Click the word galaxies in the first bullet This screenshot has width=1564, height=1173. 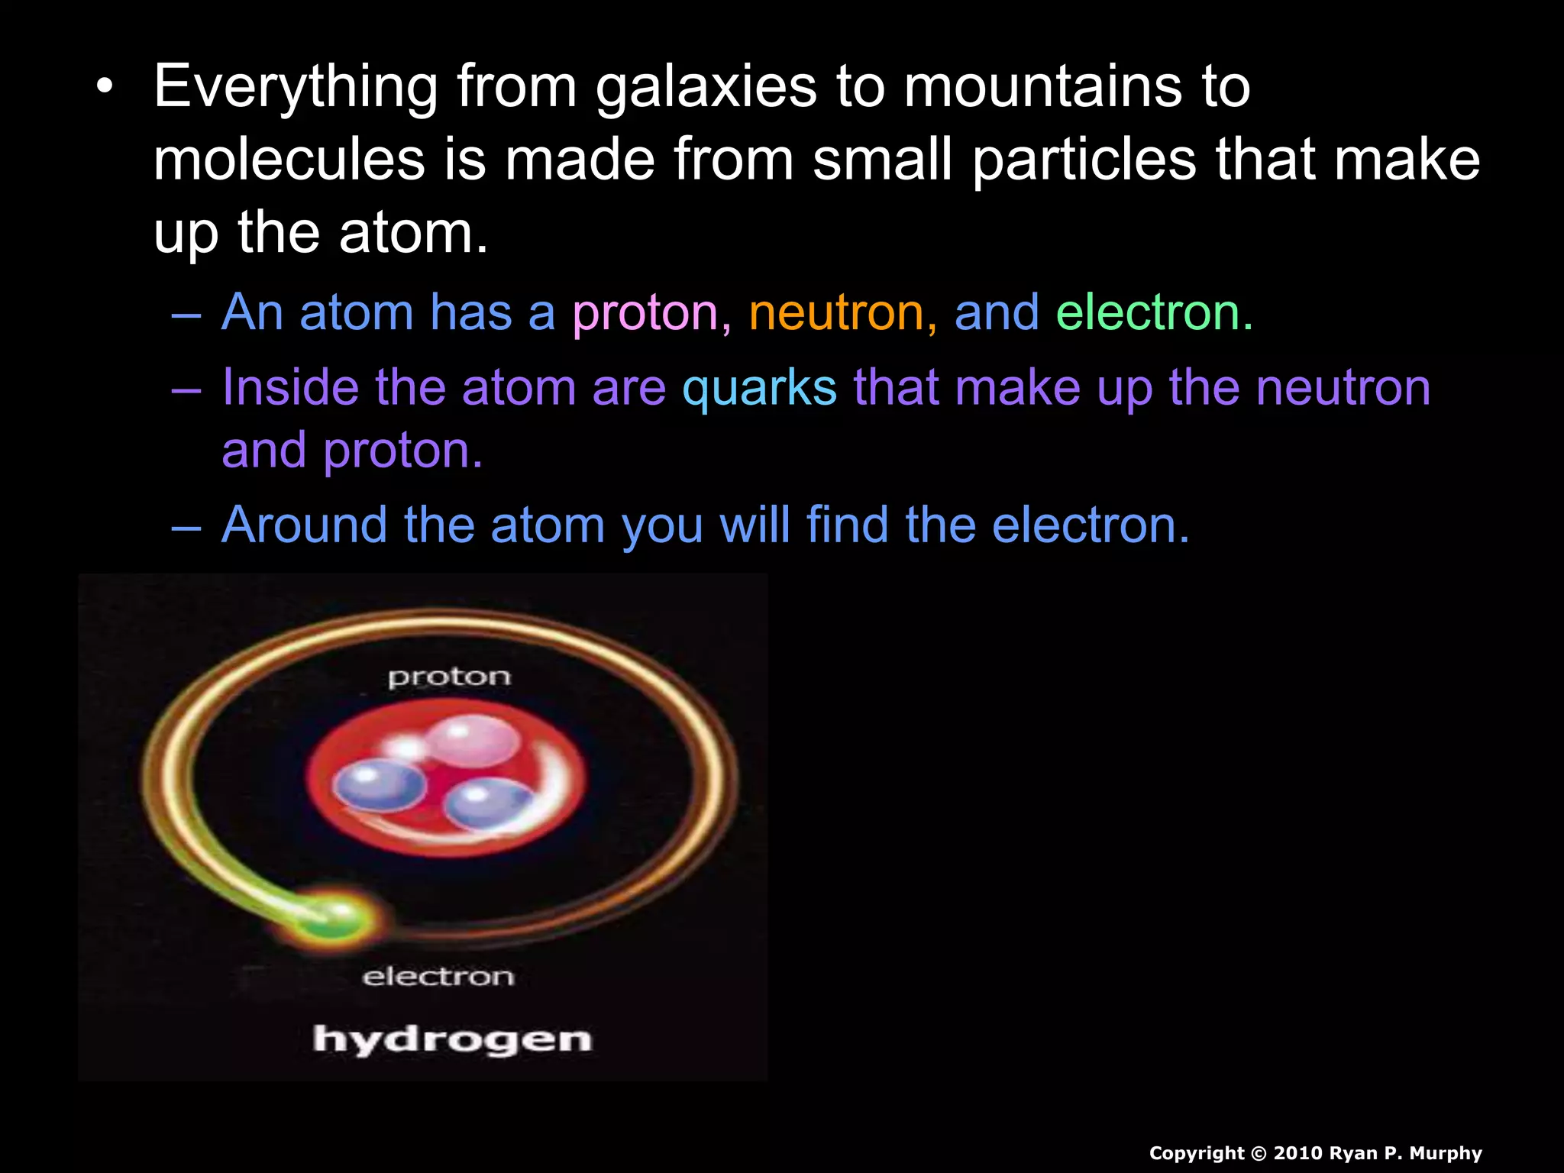pyautogui.click(x=706, y=87)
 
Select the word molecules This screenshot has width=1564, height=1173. pyautogui.click(x=289, y=160)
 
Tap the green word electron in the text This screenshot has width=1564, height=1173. pyautogui.click(x=1153, y=313)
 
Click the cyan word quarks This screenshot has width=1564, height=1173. pyautogui.click(x=759, y=388)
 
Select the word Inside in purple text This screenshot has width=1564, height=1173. pyautogui.click(x=290, y=388)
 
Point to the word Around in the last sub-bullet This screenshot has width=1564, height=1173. pyautogui.click(x=304, y=525)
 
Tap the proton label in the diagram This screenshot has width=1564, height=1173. pyautogui.click(x=449, y=677)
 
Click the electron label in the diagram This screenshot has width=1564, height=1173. pyautogui.click(x=438, y=977)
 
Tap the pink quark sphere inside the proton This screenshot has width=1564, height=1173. pyautogui.click(x=472, y=739)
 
